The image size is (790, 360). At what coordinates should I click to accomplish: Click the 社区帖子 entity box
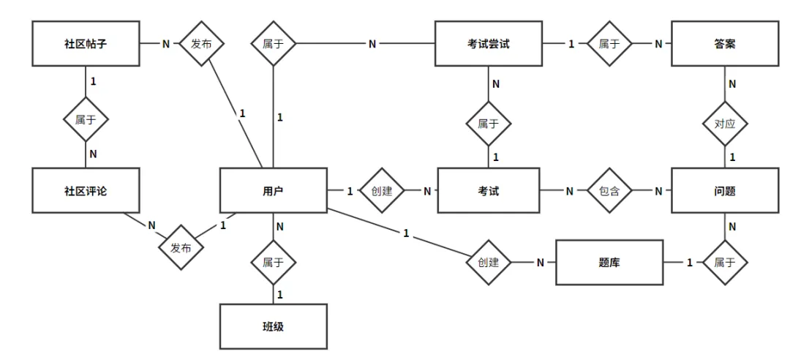pyautogui.click(x=86, y=43)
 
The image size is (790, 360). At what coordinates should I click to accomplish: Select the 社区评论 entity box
pyautogui.click(x=86, y=190)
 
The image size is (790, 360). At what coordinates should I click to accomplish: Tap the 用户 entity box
pyautogui.click(x=273, y=190)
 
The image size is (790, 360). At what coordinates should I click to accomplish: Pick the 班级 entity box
pyautogui.click(x=273, y=326)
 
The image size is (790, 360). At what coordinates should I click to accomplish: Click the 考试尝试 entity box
pyautogui.click(x=488, y=43)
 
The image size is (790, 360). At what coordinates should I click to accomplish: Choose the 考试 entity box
pyautogui.click(x=488, y=190)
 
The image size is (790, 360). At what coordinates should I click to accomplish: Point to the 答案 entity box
pyautogui.click(x=725, y=43)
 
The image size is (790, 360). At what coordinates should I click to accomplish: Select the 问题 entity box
pyautogui.click(x=725, y=190)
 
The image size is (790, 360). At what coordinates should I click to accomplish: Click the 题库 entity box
pyautogui.click(x=609, y=262)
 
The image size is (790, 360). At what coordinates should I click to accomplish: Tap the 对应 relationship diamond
pyautogui.click(x=725, y=123)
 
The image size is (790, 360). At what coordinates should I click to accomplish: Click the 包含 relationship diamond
pyautogui.click(x=609, y=190)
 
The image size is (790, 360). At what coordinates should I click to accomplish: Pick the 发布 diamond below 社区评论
pyautogui.click(x=181, y=247)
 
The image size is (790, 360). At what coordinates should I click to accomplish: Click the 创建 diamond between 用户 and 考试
pyautogui.click(x=381, y=190)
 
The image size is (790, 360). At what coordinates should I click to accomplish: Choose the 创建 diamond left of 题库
pyautogui.click(x=488, y=262)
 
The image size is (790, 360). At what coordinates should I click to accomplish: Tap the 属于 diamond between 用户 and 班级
pyautogui.click(x=273, y=262)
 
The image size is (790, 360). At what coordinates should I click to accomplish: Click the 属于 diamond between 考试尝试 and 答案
pyautogui.click(x=609, y=43)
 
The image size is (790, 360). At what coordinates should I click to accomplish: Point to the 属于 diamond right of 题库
pyautogui.click(x=725, y=262)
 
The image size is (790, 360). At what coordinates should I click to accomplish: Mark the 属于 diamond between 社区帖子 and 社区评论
pyautogui.click(x=86, y=119)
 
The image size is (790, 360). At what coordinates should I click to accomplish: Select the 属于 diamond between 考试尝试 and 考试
pyautogui.click(x=488, y=123)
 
